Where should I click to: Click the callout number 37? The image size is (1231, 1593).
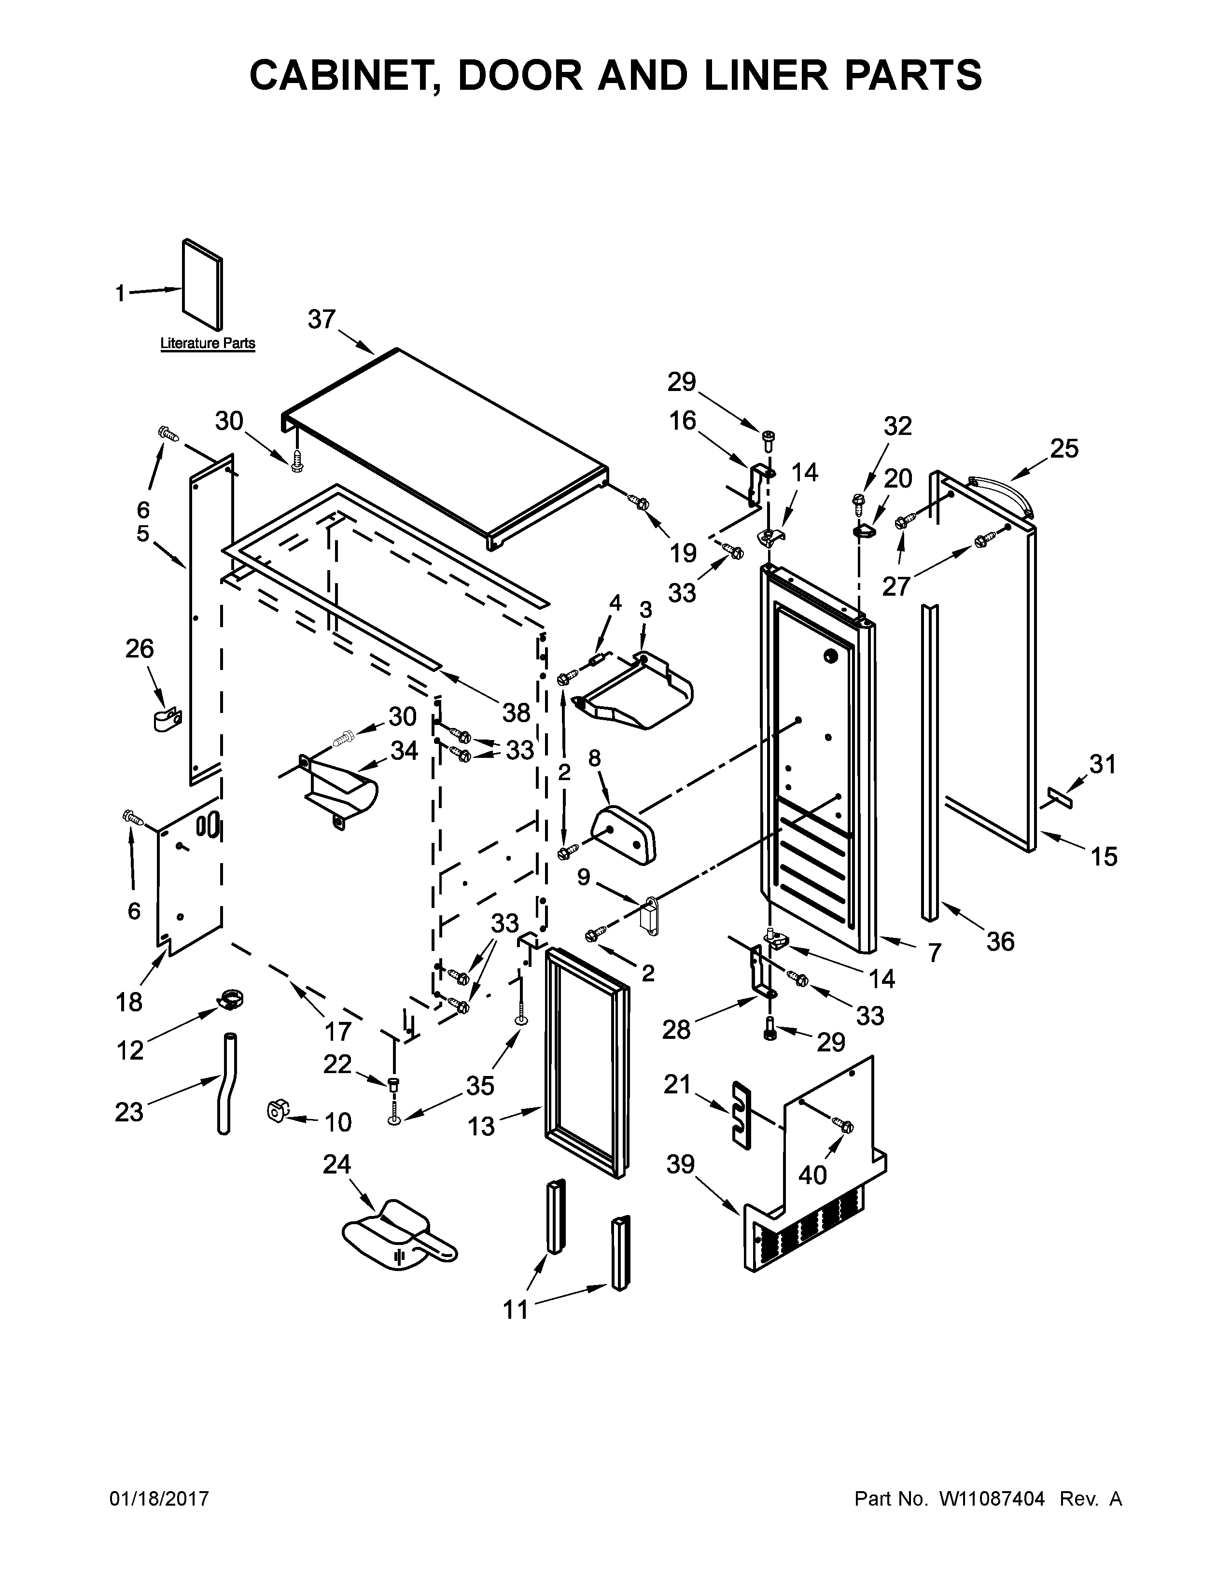point(321,320)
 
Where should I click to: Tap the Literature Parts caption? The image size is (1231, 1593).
point(208,343)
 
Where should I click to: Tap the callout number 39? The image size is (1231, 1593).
point(680,1165)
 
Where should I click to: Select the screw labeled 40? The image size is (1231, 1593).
point(844,1125)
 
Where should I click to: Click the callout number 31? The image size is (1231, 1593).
point(1103,765)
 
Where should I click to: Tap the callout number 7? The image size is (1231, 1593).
point(934,952)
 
